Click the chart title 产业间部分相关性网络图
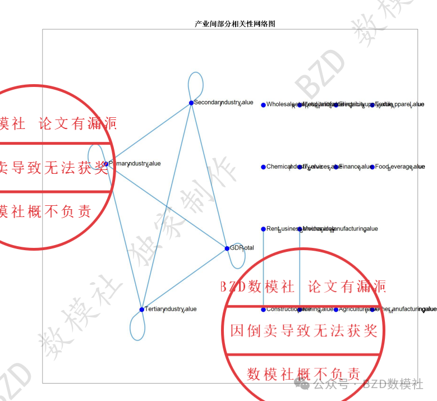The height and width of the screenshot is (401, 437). coord(235,24)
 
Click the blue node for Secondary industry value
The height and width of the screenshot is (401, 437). coord(191,103)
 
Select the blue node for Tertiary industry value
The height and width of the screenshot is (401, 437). coord(142,310)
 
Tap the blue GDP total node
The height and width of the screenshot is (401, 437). coord(227,248)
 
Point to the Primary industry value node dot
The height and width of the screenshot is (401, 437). coord(106,164)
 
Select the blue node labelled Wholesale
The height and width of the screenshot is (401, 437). coord(264,104)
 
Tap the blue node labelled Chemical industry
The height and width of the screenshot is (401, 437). coord(264,167)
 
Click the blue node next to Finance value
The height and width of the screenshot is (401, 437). coord(336,167)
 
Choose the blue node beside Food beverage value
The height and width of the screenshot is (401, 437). coord(372,167)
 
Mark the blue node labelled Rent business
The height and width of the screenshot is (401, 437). coord(264,229)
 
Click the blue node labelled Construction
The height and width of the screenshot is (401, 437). coord(264,309)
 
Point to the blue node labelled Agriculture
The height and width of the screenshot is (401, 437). coord(336,309)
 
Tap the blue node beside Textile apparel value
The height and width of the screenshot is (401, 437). coord(372,104)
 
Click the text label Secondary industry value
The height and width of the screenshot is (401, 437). coord(223,103)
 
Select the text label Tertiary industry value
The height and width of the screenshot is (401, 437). coord(171,309)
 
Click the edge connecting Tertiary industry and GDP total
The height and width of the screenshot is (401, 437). coord(185,279)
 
